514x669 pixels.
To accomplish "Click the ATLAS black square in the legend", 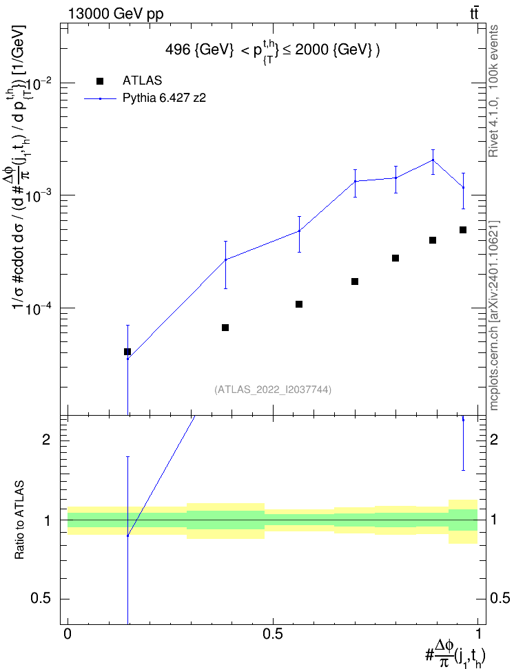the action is [x=100, y=81].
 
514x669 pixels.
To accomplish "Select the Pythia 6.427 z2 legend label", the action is [x=164, y=98].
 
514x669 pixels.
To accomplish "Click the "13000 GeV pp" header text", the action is [x=116, y=14].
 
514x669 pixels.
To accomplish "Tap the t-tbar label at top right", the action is [x=474, y=14].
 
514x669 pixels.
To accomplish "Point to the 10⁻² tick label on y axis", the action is [x=41, y=83].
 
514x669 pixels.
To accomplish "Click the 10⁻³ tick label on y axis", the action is [x=41, y=196].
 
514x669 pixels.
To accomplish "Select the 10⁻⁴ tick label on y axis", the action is [x=41, y=308].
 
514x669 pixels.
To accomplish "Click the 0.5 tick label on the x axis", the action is [x=273, y=634].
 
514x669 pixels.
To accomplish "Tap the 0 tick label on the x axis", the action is [x=68, y=634].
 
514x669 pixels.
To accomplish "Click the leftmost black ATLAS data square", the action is [x=127, y=352].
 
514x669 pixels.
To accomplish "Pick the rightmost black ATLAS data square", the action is [x=463, y=230].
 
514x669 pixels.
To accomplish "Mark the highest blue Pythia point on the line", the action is [x=433, y=160].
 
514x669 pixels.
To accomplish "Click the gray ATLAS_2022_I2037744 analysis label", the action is [x=273, y=390].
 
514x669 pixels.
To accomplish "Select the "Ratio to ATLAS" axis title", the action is [x=19, y=520].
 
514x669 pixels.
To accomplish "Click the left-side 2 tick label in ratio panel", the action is [x=46, y=439].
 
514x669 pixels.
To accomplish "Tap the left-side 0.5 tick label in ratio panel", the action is [x=41, y=598].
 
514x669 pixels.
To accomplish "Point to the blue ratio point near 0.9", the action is [x=127, y=535].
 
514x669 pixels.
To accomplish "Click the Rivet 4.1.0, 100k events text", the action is [x=493, y=91].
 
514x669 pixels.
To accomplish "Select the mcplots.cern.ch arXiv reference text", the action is [x=494, y=315].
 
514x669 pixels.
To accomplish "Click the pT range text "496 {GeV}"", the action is [x=200, y=50].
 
